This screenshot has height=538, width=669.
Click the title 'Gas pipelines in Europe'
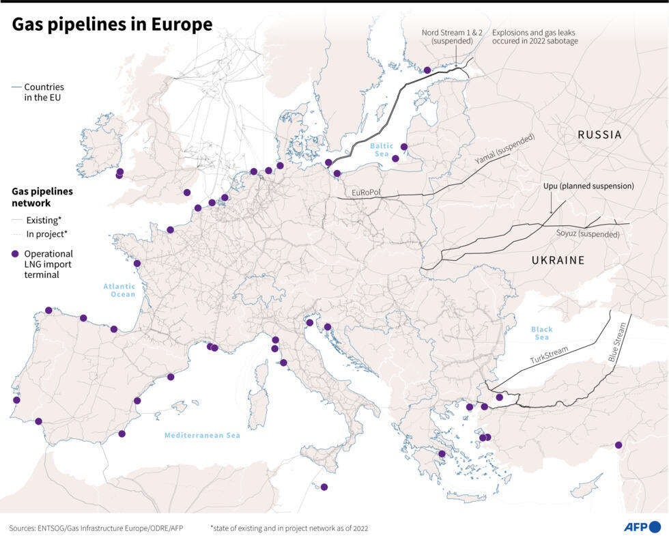tap(113, 25)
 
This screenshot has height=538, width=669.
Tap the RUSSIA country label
tap(599, 134)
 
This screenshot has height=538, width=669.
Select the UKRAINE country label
tap(558, 260)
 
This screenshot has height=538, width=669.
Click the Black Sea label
tap(541, 333)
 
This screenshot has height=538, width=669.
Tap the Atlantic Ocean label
tap(119, 290)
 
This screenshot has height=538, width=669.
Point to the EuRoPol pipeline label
tap(366, 193)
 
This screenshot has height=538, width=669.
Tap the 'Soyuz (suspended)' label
tap(588, 234)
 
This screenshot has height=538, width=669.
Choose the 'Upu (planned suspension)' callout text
tap(588, 186)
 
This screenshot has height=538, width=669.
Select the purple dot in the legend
tap(15, 253)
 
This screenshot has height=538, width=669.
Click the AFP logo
tap(642, 526)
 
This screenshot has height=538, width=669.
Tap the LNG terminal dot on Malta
tap(324, 487)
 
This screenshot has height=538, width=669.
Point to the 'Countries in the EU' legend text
tap(44, 92)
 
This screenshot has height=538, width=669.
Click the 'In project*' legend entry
tap(46, 234)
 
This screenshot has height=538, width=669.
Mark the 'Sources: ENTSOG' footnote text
tap(96, 528)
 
